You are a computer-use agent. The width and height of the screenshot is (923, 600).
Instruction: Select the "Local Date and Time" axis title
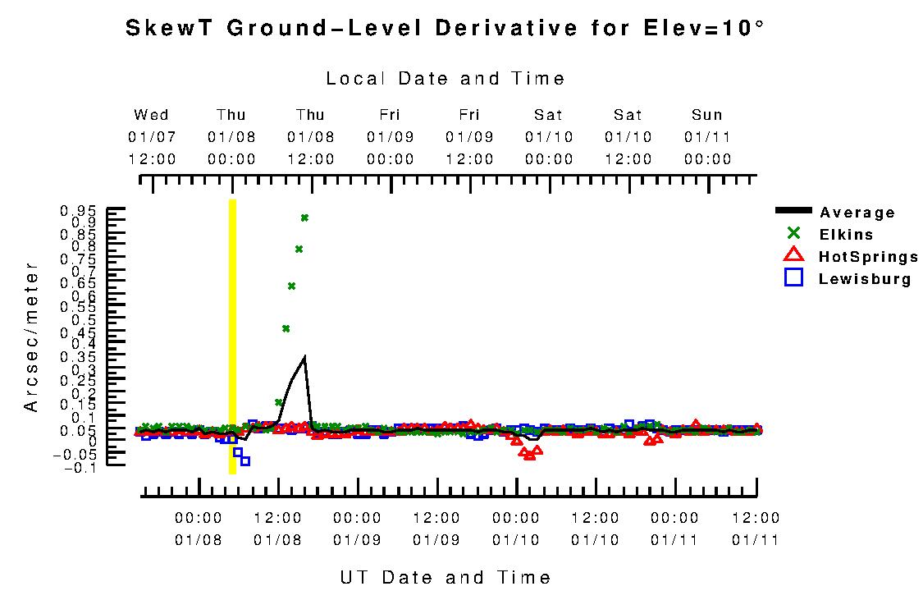(x=446, y=79)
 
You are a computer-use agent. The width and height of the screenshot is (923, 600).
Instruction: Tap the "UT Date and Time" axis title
(x=446, y=578)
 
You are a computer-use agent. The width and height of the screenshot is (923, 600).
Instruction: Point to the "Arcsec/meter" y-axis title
(x=31, y=337)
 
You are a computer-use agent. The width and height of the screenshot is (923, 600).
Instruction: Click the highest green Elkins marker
(x=304, y=218)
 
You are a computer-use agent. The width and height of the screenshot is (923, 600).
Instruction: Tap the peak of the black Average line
(x=304, y=357)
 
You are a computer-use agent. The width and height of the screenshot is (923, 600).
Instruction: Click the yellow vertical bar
(x=232, y=337)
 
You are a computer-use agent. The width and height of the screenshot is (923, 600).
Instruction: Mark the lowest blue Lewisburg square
(x=244, y=461)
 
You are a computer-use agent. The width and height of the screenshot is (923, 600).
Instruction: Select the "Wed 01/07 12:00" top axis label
(x=152, y=137)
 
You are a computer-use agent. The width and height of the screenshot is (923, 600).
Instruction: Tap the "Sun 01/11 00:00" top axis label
(x=707, y=137)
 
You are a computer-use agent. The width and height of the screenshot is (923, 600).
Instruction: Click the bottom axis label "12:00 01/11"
(x=756, y=529)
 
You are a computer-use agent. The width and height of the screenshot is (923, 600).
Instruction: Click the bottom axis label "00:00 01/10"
(x=516, y=529)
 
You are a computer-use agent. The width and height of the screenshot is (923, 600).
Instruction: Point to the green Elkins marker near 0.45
(x=286, y=328)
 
